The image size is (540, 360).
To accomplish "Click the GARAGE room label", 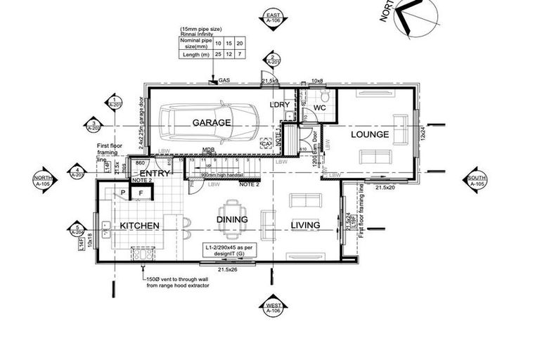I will [212, 122].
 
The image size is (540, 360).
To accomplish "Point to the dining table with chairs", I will [231, 210].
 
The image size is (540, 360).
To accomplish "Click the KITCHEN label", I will [139, 226].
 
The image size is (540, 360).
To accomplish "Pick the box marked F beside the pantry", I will [141, 193].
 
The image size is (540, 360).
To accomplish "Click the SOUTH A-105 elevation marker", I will [476, 181].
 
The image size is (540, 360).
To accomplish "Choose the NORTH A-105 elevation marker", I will [43, 181].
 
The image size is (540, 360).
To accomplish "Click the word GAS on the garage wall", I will [224, 81].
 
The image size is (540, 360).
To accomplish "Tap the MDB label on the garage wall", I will [208, 150].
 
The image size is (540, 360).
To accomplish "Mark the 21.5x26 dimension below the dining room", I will [226, 269].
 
